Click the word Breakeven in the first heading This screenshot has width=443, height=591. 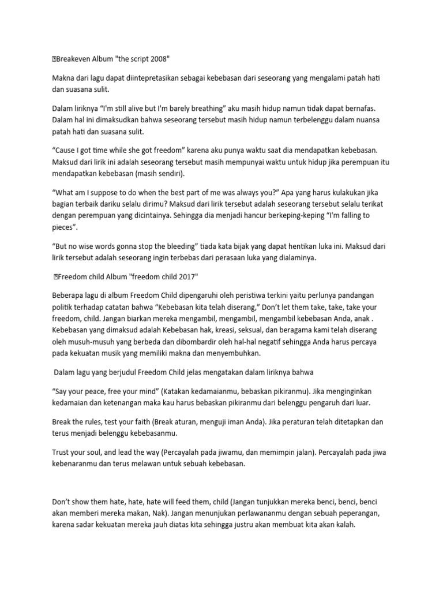(72, 58)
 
